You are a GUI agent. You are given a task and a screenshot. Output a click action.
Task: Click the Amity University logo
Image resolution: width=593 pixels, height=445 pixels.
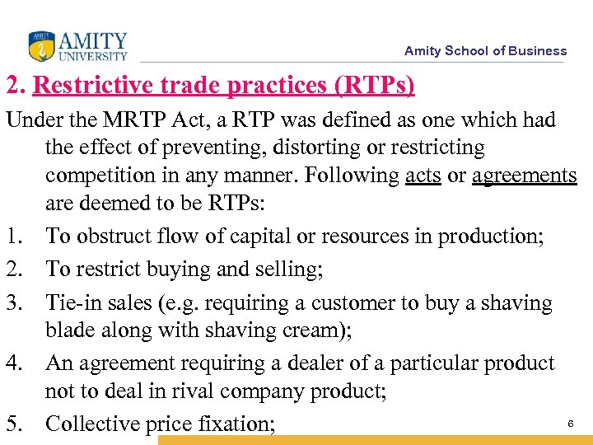coord(78,46)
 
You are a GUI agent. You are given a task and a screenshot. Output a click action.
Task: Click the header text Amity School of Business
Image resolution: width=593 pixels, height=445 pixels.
coord(485,50)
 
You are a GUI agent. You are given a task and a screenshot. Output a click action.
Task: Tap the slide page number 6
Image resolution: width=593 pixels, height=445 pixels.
coord(571,423)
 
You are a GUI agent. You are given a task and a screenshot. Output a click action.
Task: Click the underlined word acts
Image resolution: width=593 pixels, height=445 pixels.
coord(423,176)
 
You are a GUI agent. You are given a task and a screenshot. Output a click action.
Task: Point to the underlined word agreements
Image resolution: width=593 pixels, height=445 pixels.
coord(525,176)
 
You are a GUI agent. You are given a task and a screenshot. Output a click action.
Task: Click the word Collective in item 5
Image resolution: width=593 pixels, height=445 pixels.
coord(94,424)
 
